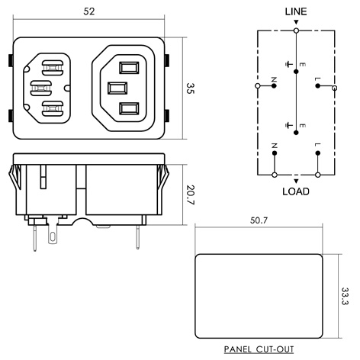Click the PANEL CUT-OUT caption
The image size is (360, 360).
[x=259, y=349]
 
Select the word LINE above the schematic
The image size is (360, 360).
[x=295, y=13]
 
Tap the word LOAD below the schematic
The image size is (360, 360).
[x=295, y=191]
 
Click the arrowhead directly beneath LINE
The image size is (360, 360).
[x=295, y=24]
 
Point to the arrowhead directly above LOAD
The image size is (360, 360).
[x=295, y=181]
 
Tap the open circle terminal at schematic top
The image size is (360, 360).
[x=295, y=31]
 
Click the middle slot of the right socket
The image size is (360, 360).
[x=117, y=87]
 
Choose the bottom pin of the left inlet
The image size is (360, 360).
[x=50, y=109]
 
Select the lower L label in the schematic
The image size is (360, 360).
[x=317, y=144]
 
